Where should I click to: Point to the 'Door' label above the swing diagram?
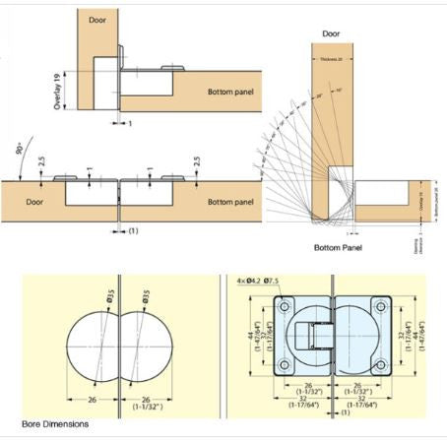(x=331, y=33)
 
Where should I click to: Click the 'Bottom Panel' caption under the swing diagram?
(x=337, y=247)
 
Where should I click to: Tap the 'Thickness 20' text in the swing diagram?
(x=332, y=59)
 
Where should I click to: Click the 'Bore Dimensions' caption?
(x=55, y=424)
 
